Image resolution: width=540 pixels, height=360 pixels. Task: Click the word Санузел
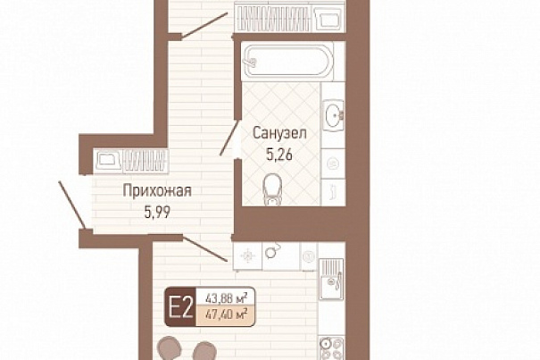click(279, 133)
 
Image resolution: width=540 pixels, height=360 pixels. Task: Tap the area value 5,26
click(279, 155)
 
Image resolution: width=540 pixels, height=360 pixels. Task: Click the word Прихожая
click(157, 191)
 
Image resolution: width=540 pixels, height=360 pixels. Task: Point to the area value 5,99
click(157, 213)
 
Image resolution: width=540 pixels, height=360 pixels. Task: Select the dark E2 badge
click(180, 307)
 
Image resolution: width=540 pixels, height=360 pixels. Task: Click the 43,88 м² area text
click(226, 297)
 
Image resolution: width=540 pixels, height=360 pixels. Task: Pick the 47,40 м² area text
click(226, 314)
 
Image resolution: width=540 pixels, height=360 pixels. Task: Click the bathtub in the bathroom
click(288, 62)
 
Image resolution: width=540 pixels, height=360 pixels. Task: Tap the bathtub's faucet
click(251, 62)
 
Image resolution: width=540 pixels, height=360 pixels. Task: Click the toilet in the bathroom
click(273, 189)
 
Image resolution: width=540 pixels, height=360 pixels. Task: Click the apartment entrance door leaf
click(72, 205)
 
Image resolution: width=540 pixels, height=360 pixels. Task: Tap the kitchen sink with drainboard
click(331, 279)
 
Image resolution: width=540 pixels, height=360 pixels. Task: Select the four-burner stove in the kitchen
click(331, 348)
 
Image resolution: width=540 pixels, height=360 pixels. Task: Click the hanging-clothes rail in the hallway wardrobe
click(145, 160)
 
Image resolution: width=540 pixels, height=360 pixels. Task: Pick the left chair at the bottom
click(170, 348)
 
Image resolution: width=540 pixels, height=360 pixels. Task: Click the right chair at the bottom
click(204, 351)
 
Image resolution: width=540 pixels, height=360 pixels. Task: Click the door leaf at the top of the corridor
click(204, 25)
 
